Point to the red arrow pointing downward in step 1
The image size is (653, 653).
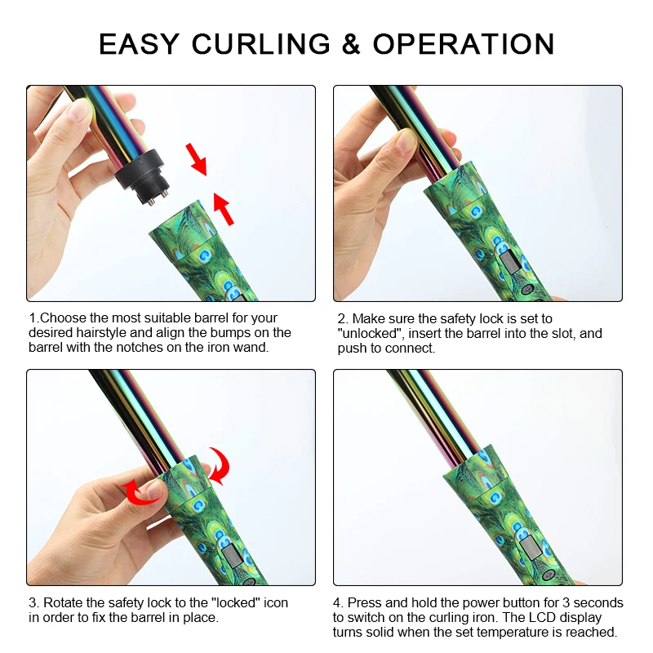(197, 158)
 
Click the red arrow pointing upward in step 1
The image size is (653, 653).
(224, 207)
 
